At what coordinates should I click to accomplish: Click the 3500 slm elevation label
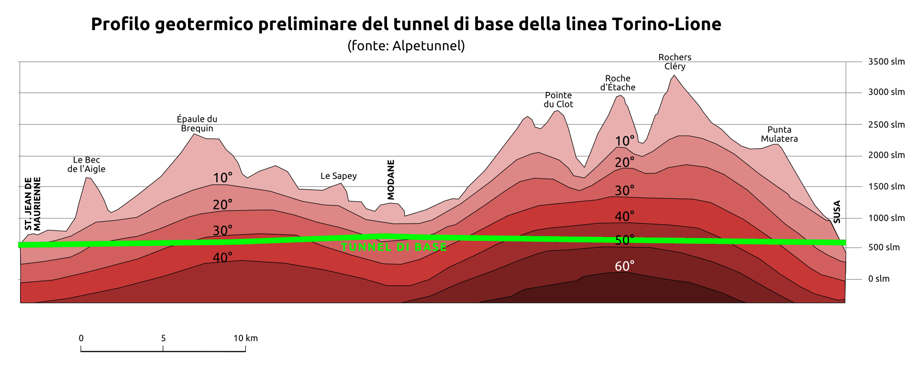pyautogui.click(x=886, y=62)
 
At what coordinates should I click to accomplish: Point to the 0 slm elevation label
pyautogui.click(x=879, y=279)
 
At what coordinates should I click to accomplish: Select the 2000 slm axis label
pyautogui.click(x=886, y=155)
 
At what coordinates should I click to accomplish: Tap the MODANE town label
pyautogui.click(x=391, y=180)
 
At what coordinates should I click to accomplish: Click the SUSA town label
pyautogui.click(x=837, y=212)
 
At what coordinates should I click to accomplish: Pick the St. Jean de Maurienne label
pyautogui.click(x=33, y=204)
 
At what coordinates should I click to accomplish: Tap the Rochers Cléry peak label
pyautogui.click(x=675, y=62)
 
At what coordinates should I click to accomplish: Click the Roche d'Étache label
pyautogui.click(x=618, y=83)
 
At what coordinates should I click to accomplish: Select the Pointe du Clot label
pyautogui.click(x=558, y=99)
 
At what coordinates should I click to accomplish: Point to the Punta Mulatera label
pyautogui.click(x=779, y=134)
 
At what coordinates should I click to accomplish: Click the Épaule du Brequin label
pyautogui.click(x=197, y=123)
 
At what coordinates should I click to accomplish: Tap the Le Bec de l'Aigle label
pyautogui.click(x=86, y=164)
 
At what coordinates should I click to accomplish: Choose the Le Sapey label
pyautogui.click(x=338, y=176)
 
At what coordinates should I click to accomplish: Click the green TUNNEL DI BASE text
pyautogui.click(x=394, y=247)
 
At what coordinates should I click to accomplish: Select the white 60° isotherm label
pyautogui.click(x=624, y=266)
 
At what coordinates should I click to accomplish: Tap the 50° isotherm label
pyautogui.click(x=624, y=240)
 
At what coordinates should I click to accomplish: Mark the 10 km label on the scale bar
pyautogui.click(x=245, y=338)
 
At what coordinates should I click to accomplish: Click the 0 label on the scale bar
pyautogui.click(x=81, y=338)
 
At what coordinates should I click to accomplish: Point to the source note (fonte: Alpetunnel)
pyautogui.click(x=406, y=46)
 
